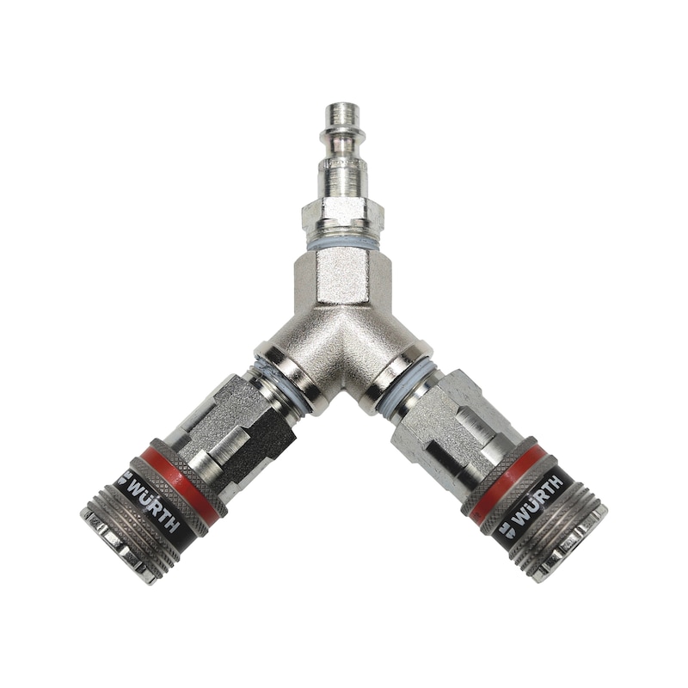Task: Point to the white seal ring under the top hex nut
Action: point(342,244)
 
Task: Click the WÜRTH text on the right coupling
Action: point(537,501)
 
